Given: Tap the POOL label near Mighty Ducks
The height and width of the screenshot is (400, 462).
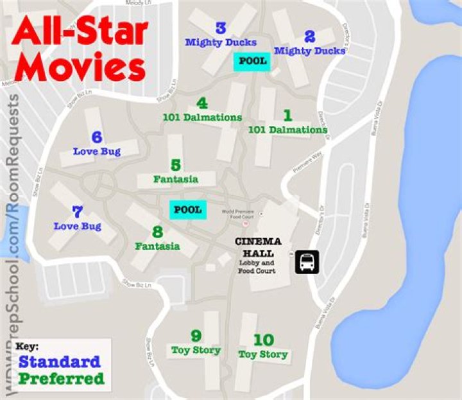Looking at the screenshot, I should click(252, 61).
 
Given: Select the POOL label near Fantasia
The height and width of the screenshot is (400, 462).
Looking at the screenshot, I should click(188, 209).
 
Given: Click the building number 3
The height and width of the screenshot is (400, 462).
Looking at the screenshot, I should click(221, 28).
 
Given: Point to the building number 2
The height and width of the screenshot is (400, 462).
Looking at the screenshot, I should click(310, 37).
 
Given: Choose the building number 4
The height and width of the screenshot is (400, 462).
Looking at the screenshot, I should click(202, 103).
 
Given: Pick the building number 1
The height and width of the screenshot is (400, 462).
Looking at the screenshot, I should click(287, 116).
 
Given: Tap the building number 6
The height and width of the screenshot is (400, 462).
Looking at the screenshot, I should click(97, 137).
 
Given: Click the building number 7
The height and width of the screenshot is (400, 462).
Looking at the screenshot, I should click(78, 212).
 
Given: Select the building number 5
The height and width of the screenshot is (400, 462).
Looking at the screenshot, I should click(175, 166).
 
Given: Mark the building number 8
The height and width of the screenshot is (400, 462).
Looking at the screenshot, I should click(157, 232).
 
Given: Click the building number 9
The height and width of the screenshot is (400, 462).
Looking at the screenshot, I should click(196, 336).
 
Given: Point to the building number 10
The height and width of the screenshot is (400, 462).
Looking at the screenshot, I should click(263, 340).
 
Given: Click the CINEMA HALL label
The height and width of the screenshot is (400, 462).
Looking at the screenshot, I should click(257, 247).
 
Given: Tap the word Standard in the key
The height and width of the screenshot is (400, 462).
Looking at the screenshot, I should click(59, 361).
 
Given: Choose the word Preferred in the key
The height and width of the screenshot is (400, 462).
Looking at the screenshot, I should click(61, 379).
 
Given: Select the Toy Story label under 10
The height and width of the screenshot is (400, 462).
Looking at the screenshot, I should click(263, 354).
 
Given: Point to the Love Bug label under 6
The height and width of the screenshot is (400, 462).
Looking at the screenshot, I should click(97, 152).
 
